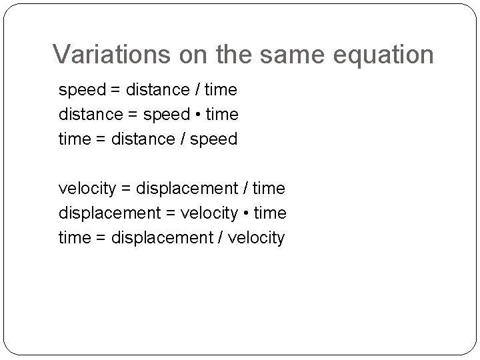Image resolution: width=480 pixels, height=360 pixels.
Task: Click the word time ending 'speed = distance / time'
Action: point(221,89)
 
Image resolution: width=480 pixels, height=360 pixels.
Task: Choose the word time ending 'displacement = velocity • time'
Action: point(270,213)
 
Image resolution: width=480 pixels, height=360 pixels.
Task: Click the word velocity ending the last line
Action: point(256,238)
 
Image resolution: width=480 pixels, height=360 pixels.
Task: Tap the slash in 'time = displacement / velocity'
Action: point(221,238)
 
